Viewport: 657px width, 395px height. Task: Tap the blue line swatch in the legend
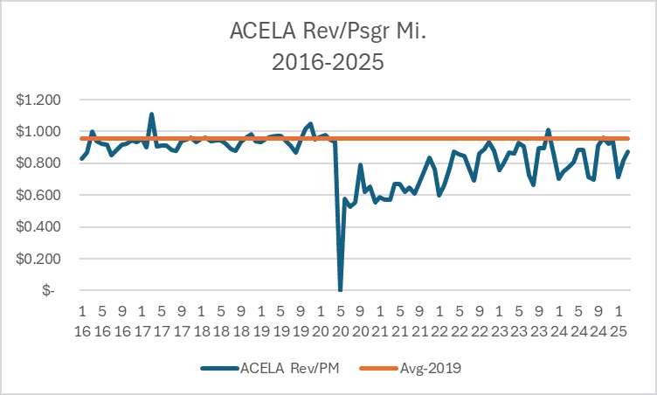(218, 369)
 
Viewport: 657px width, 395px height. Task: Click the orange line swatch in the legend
(377, 369)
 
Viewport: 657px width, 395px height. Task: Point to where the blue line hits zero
(340, 290)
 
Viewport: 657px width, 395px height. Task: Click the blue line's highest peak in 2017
(151, 114)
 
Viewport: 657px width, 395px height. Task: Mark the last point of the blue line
(628, 151)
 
